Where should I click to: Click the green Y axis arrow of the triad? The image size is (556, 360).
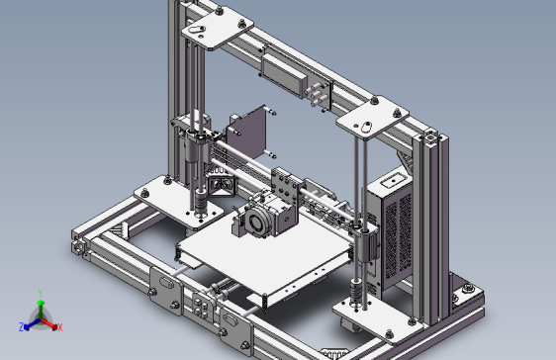(40, 298)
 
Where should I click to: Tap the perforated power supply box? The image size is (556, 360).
(396, 232)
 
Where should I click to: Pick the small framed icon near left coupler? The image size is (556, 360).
(220, 184)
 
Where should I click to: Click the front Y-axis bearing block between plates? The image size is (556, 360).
(203, 307)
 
